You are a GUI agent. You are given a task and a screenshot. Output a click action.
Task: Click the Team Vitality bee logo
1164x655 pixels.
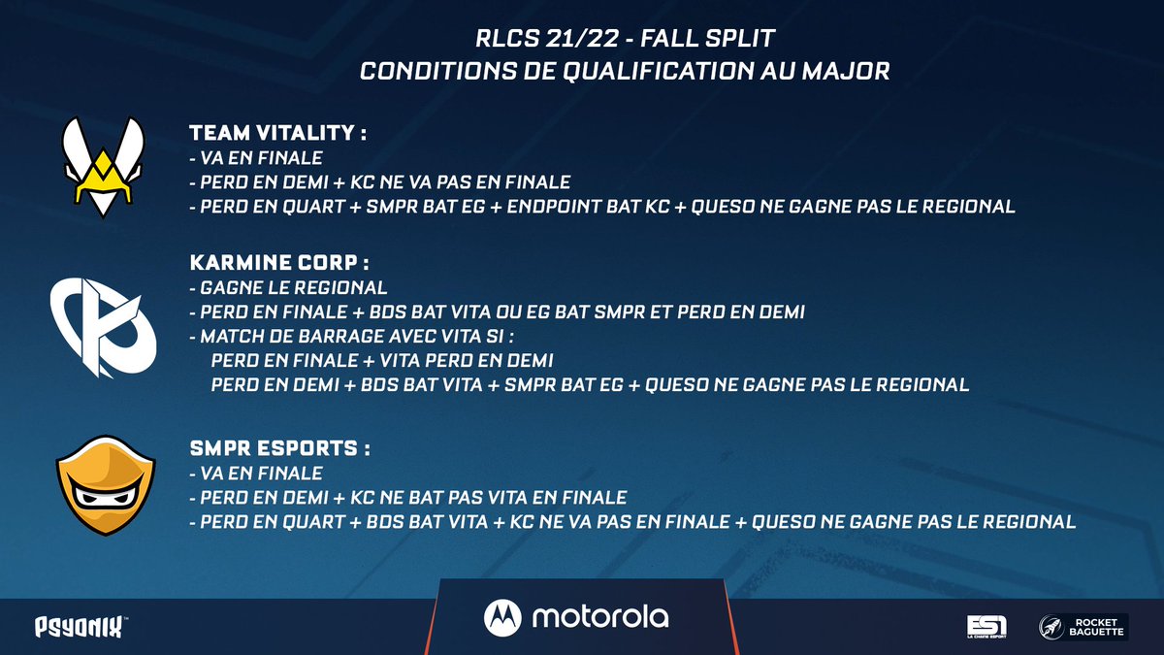pyautogui.click(x=105, y=160)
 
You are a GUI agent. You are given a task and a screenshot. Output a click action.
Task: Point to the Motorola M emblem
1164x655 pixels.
pyautogui.click(x=502, y=617)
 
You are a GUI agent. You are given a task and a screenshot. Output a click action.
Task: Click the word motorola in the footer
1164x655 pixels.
pyautogui.click(x=598, y=617)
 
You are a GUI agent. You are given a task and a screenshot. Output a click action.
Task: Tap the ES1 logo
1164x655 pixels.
pyautogui.click(x=986, y=627)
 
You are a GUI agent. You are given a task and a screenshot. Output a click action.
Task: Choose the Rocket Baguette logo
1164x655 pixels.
pyautogui.click(x=1083, y=627)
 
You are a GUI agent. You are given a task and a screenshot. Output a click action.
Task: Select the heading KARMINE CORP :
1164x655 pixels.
pyautogui.click(x=279, y=264)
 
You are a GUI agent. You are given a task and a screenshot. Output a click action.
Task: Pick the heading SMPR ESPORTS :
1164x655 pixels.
pyautogui.click(x=279, y=450)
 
